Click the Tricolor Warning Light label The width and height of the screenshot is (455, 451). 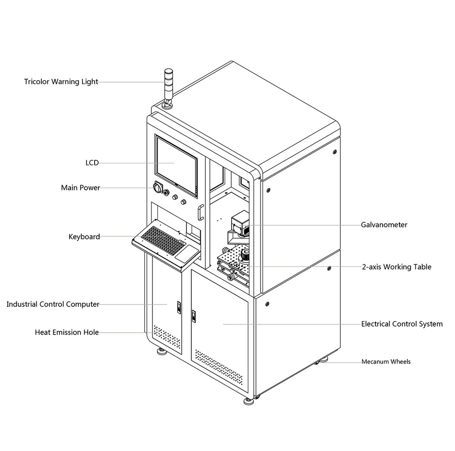point(61,82)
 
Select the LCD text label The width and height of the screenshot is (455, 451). point(92,162)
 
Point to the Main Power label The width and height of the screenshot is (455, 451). point(81,187)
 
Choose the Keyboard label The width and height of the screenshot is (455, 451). point(84,237)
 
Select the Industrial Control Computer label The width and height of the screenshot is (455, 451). point(53,304)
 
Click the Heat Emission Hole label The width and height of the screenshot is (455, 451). point(67,332)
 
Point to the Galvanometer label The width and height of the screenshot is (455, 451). point(384,225)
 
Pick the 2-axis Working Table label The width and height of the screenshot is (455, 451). point(396,267)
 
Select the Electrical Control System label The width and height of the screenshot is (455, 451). point(402,324)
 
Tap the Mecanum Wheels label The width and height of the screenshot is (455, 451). point(386,362)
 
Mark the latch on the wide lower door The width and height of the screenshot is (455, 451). point(194,315)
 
